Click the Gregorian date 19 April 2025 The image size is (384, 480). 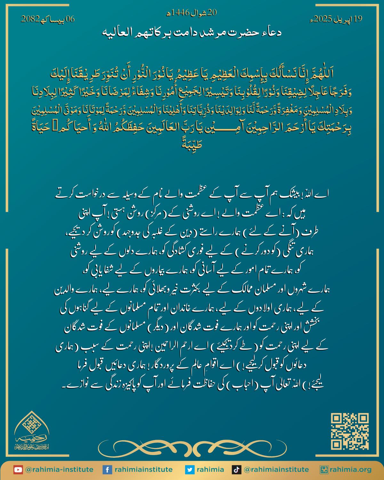click(336, 19)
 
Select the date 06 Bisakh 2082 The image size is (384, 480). click(48, 19)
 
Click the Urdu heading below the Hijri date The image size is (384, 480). click(191, 33)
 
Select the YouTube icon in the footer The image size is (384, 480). click(18, 470)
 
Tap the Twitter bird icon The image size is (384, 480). click(189, 470)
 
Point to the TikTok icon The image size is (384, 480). click(236, 470)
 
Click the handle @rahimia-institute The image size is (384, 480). click(59, 470)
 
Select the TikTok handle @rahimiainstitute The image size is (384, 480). click(276, 470)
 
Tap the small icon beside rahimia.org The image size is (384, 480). click(324, 470)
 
